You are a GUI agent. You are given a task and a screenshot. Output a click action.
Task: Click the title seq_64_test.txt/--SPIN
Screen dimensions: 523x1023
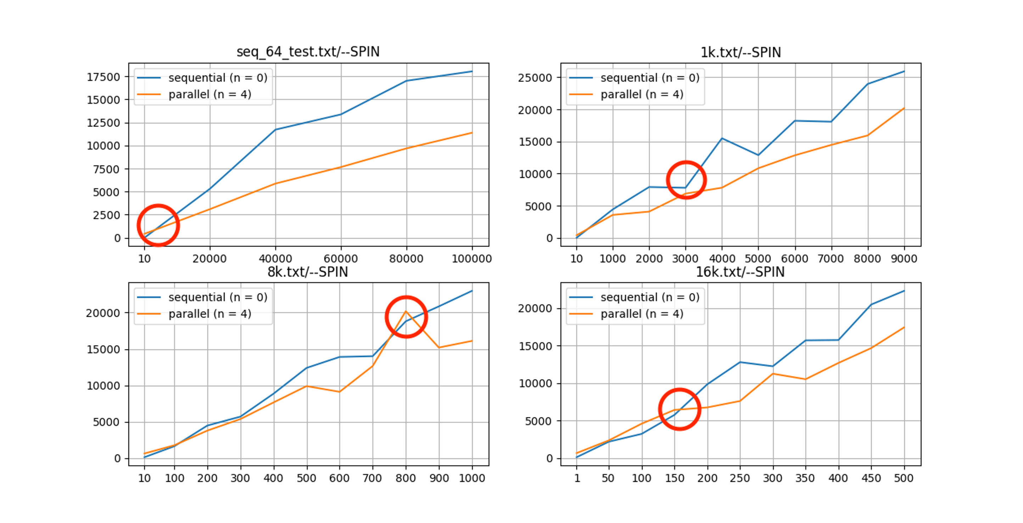click(308, 52)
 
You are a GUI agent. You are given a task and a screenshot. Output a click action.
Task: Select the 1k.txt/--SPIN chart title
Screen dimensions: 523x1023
click(740, 52)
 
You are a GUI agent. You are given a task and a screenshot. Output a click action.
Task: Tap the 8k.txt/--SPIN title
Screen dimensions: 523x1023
click(308, 272)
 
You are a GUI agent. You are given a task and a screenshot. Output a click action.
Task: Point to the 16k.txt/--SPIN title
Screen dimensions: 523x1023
click(740, 272)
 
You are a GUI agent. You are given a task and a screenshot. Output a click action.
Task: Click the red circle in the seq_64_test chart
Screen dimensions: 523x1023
click(158, 225)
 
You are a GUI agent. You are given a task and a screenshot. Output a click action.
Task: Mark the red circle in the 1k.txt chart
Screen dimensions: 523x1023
click(686, 180)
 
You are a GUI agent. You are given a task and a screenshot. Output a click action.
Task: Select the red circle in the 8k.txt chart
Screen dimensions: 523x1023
click(406, 317)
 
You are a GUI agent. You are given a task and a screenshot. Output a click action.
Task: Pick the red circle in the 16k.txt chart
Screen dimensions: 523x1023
click(679, 409)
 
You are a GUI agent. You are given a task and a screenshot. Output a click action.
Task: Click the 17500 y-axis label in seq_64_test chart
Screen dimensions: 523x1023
click(103, 77)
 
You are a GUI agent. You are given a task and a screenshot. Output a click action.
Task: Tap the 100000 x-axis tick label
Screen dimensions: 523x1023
click(472, 259)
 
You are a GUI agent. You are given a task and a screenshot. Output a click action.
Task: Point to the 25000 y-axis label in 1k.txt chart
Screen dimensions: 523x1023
click(535, 78)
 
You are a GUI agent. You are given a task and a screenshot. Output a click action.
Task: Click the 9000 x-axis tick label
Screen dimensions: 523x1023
click(904, 259)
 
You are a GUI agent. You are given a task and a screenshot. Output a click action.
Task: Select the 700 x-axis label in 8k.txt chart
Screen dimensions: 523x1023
click(372, 478)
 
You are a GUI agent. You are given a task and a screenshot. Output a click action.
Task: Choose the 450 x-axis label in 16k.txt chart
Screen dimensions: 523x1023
click(871, 478)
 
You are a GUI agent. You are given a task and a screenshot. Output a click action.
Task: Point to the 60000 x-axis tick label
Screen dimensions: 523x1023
click(341, 259)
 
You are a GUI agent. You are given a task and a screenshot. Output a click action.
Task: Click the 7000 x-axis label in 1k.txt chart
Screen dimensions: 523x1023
click(831, 259)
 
